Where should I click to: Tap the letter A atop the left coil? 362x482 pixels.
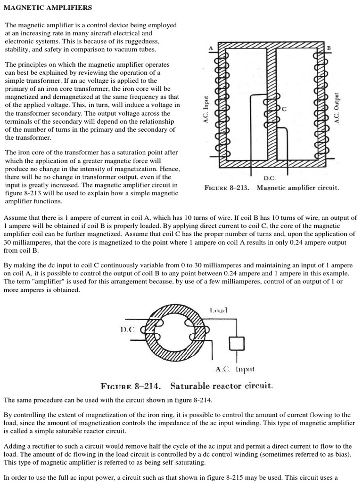(211, 48)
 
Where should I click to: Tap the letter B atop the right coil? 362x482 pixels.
(329, 48)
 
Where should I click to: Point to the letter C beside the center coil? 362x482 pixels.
(284, 109)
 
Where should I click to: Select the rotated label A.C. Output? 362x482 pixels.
(337, 107)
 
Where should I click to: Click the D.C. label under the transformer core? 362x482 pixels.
(270, 178)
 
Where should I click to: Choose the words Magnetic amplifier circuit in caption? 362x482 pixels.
(298, 187)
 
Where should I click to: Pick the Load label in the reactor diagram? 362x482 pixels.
(218, 310)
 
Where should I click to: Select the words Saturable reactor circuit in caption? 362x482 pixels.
(221, 386)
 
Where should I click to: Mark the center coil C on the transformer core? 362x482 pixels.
(271, 115)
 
